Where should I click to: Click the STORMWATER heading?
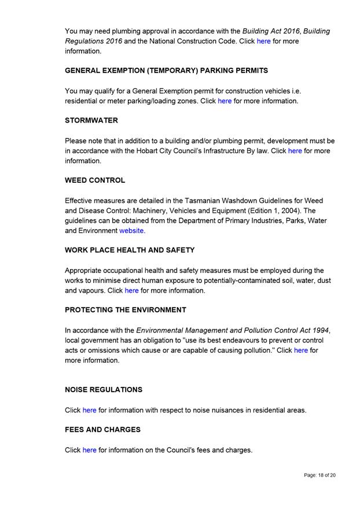point(91,121)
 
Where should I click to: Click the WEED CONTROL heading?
point(95,180)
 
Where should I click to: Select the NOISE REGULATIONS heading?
point(104,390)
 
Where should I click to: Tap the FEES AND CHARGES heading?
point(102,430)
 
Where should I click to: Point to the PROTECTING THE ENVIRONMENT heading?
point(126,310)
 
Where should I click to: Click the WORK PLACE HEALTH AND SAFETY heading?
point(130,250)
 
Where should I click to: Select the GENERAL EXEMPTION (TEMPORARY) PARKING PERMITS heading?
point(166,71)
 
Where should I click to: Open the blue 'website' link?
point(131,231)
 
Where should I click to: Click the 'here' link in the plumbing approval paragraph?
point(263,42)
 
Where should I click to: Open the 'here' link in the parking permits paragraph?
point(225,101)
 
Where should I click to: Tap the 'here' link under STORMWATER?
point(295,151)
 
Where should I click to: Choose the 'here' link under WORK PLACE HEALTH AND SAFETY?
point(131,290)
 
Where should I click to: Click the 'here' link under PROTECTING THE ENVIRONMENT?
point(301,351)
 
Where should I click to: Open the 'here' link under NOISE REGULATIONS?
point(89,410)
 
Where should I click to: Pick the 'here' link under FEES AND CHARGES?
point(89,450)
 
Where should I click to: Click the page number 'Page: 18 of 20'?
point(319,475)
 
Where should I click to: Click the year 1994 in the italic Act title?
point(318,330)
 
